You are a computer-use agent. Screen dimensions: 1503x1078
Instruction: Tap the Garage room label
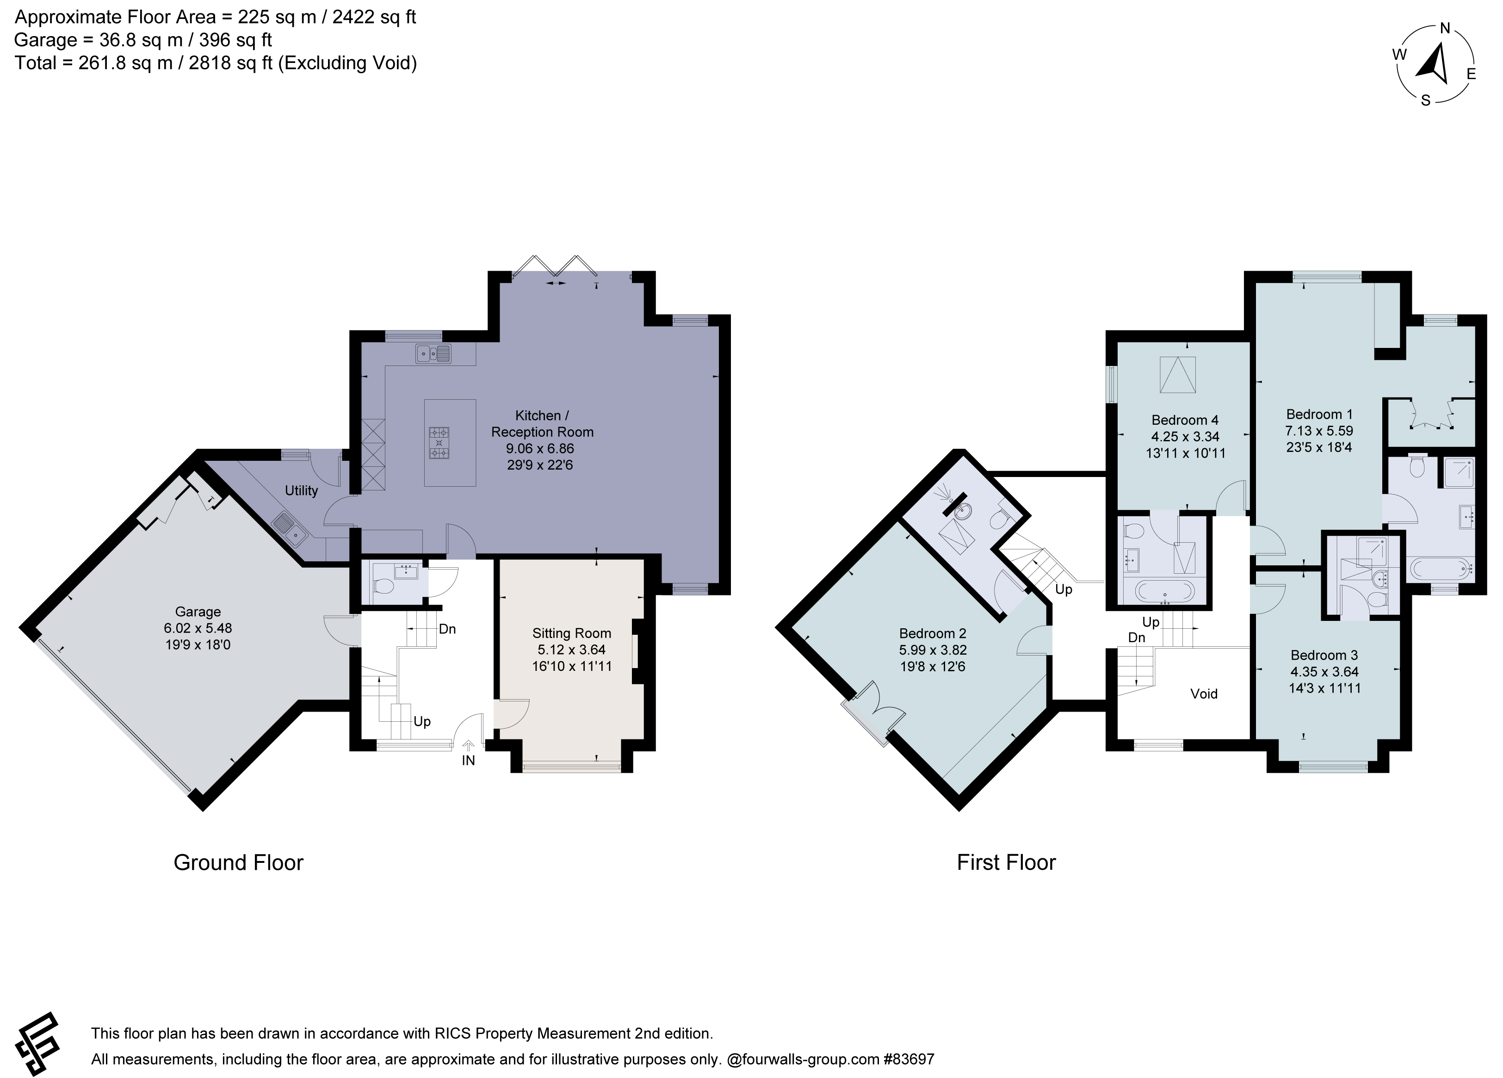(x=198, y=612)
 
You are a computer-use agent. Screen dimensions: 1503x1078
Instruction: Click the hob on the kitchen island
(x=439, y=442)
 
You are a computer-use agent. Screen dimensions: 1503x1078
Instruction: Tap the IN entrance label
(x=469, y=761)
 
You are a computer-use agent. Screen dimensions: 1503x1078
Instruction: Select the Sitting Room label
(x=571, y=633)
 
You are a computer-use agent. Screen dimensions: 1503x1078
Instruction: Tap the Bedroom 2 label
(x=933, y=633)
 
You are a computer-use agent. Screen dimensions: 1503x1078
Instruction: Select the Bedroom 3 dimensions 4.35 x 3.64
(x=1324, y=672)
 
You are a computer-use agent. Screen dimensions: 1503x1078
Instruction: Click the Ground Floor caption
(x=239, y=862)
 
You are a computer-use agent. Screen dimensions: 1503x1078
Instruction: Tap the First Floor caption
(x=1006, y=862)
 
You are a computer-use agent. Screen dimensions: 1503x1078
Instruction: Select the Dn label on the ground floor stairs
(x=447, y=628)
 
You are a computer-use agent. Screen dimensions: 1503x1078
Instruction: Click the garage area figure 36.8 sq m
(x=141, y=40)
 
